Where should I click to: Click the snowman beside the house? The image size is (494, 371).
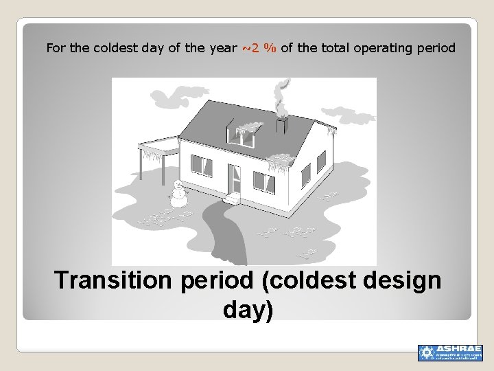click(178, 194)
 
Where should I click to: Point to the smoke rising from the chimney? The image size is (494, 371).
click(280, 96)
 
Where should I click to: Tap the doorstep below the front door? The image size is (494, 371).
click(233, 199)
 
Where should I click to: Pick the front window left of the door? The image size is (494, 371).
click(201, 166)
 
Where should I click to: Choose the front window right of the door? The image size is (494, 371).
click(263, 180)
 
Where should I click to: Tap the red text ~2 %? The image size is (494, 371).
click(259, 48)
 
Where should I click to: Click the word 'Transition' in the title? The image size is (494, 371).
click(114, 280)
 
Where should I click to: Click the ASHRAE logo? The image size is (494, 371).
click(450, 352)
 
